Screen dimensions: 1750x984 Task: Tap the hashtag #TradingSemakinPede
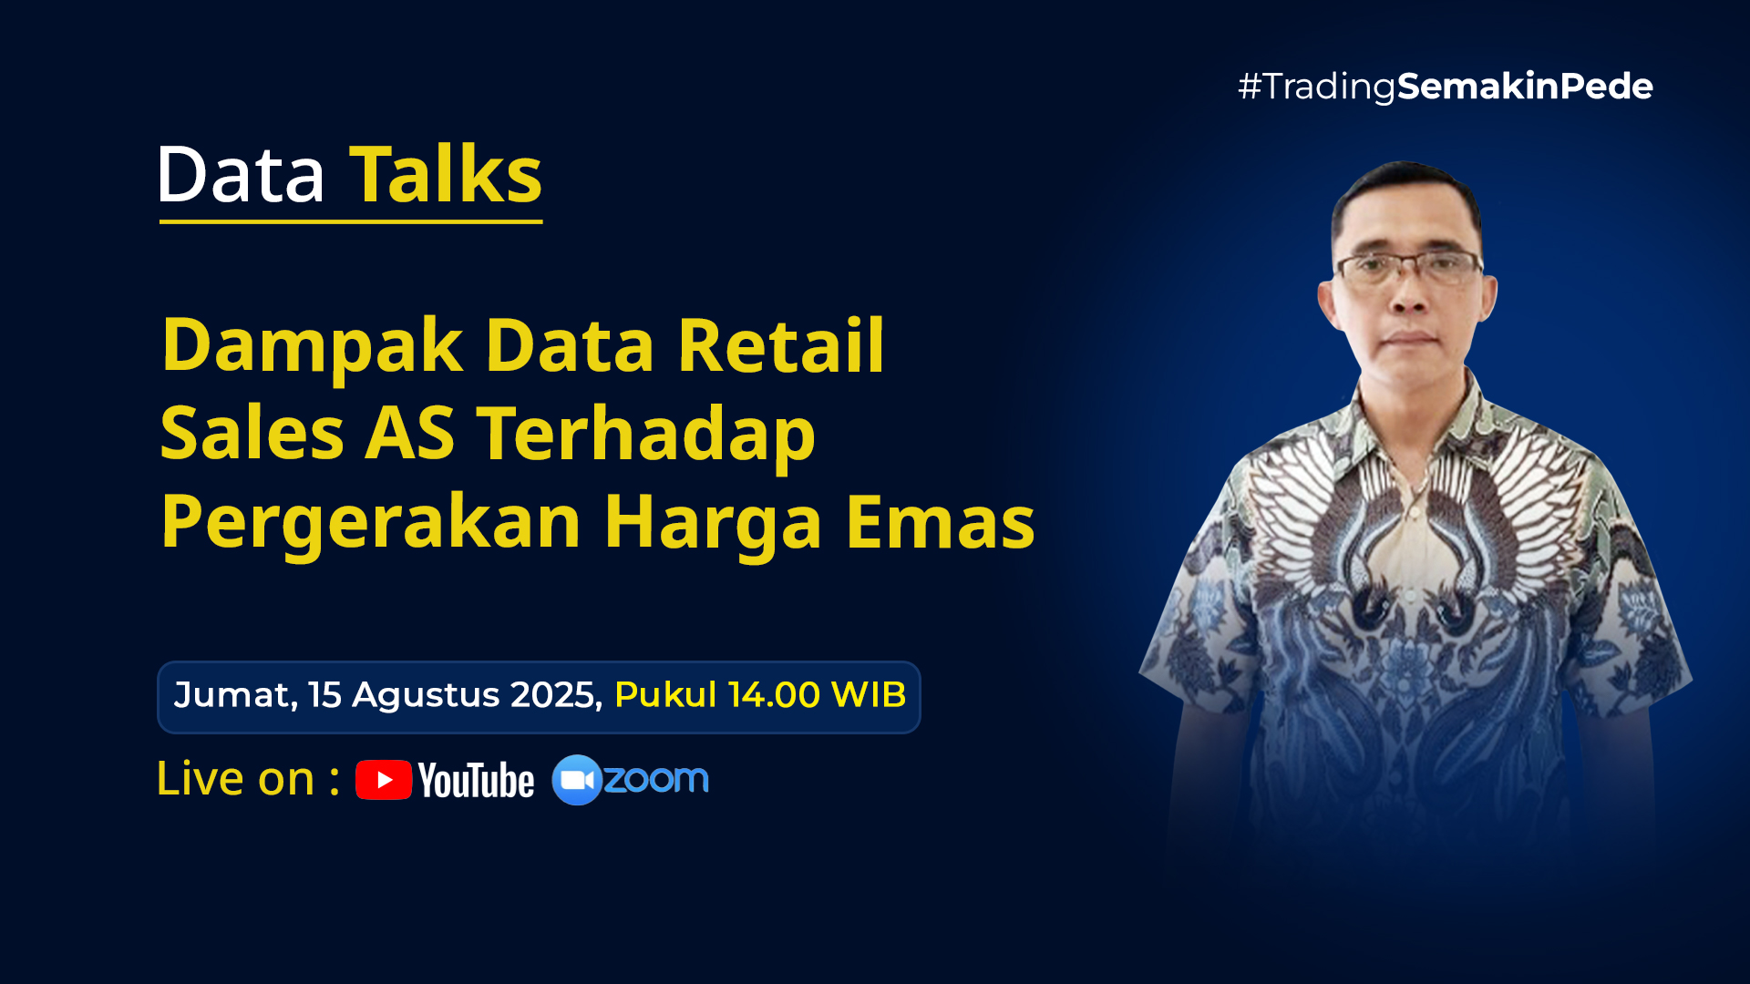pos(1445,87)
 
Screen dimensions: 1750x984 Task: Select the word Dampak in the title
pos(312,346)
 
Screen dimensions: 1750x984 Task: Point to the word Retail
pos(781,346)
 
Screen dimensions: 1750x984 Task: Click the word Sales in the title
pos(252,434)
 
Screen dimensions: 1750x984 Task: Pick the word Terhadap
pos(646,436)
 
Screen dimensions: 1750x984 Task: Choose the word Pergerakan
pos(371,523)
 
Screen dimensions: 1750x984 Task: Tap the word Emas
pos(940,522)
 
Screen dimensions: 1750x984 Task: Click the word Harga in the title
pos(713,523)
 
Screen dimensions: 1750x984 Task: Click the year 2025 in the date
pos(556,695)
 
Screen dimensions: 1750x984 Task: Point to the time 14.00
pos(774,695)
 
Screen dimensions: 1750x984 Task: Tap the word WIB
pos(869,695)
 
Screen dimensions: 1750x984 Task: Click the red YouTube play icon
pos(384,780)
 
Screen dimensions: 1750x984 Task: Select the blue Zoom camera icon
pos(577,780)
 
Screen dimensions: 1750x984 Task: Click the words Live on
pos(236,779)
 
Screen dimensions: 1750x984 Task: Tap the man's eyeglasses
pos(1409,267)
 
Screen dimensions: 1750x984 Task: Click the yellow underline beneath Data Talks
pos(351,221)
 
